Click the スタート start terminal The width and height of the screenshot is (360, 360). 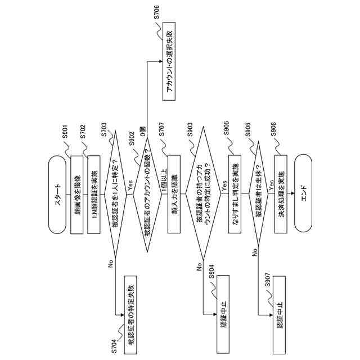click(57, 194)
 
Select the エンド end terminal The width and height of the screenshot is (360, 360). click(303, 194)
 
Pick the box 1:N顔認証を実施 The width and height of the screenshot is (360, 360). click(94, 194)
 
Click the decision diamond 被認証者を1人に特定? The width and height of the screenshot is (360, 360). click(116, 194)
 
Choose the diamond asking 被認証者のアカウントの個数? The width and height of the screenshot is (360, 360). click(148, 194)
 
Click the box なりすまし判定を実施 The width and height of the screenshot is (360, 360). click(235, 194)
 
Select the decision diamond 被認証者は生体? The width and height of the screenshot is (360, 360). click(258, 194)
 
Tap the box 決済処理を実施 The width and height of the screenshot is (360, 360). click(282, 194)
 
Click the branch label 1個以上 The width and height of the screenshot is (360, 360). click(164, 168)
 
